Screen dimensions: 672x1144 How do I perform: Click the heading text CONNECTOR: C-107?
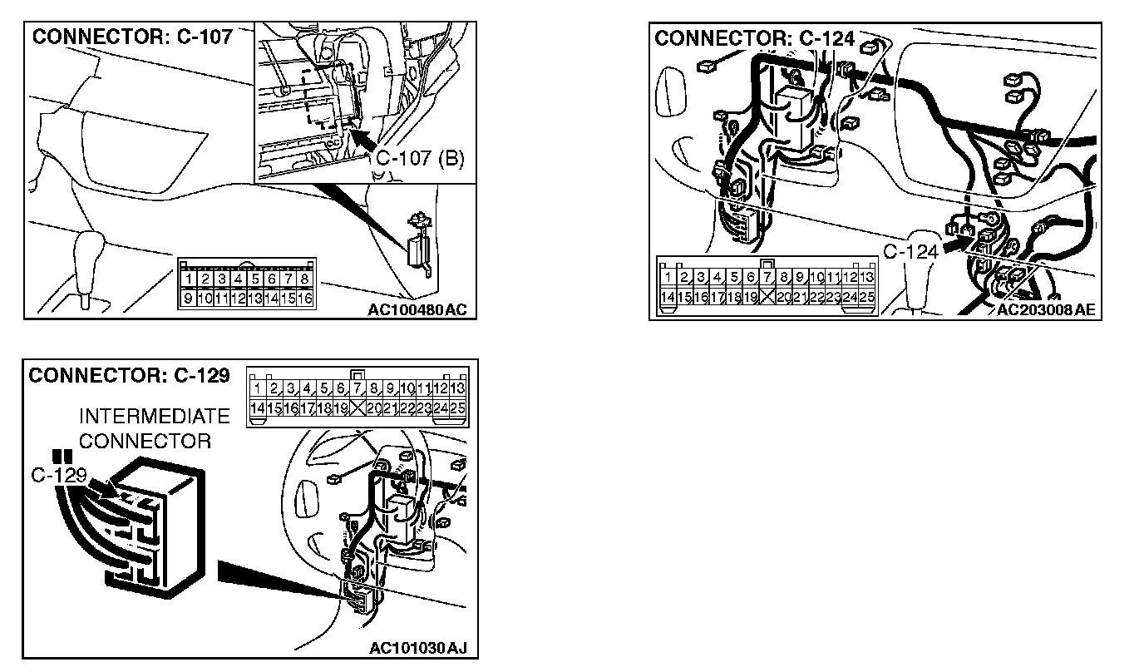(x=131, y=37)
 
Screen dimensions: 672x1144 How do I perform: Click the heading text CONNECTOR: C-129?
(x=129, y=376)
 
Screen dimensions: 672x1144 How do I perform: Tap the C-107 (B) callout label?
(x=420, y=157)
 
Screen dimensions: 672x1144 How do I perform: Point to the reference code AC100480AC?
(x=417, y=310)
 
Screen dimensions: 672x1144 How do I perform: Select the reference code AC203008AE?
(x=1046, y=310)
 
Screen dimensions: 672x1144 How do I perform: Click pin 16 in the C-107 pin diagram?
(x=305, y=297)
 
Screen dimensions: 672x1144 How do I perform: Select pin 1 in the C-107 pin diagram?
(x=190, y=279)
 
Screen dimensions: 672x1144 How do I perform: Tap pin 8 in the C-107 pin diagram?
(x=305, y=279)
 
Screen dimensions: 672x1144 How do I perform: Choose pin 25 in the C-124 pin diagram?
(x=867, y=296)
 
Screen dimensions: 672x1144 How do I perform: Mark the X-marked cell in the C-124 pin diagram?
(x=767, y=296)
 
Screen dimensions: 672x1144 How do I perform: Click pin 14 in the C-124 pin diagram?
(x=667, y=296)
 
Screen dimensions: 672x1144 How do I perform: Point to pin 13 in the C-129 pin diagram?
(x=457, y=388)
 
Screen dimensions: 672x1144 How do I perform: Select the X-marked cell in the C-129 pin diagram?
(x=358, y=408)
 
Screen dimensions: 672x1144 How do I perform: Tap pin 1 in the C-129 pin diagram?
(x=258, y=388)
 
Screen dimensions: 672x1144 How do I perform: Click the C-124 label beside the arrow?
(x=910, y=251)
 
